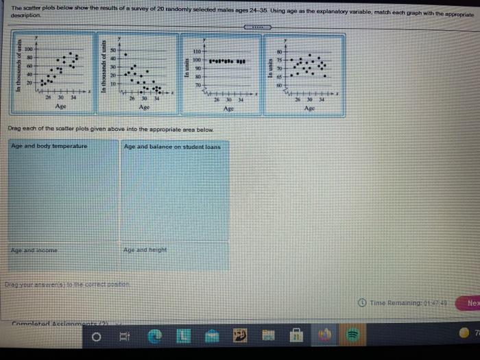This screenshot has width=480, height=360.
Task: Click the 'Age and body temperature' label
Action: point(49,147)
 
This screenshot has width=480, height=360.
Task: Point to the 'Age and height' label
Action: point(145,250)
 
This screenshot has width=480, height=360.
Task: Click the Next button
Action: point(472,302)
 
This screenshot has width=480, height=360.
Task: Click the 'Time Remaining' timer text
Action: point(409,302)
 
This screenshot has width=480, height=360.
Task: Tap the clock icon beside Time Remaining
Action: point(363,302)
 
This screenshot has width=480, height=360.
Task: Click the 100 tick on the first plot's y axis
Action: point(29,50)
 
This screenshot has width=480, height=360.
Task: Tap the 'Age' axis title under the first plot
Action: point(61,106)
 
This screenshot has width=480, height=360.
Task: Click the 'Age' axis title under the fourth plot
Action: point(309,108)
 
